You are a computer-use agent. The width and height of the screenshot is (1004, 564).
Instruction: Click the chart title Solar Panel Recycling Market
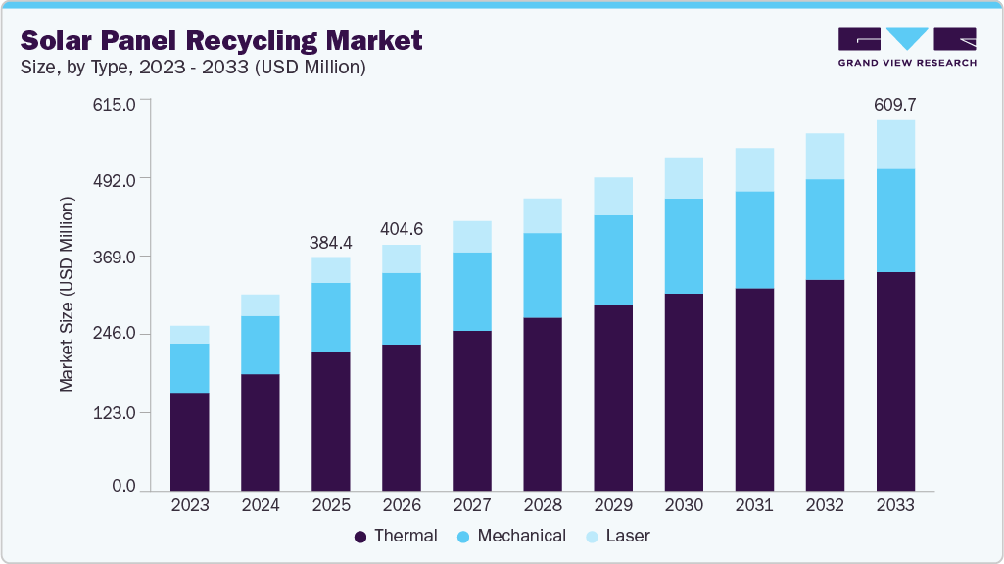click(x=221, y=40)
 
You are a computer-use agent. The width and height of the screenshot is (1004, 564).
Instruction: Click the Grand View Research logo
click(x=907, y=47)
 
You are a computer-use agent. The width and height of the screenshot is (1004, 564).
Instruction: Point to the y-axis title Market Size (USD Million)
click(x=67, y=295)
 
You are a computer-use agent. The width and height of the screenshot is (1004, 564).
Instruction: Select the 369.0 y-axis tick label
click(x=115, y=257)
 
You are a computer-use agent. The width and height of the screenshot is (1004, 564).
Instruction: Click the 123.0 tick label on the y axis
click(x=115, y=412)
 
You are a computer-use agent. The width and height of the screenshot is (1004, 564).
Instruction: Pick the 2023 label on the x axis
click(x=189, y=505)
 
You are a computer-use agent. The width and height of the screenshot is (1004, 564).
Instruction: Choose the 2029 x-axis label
click(x=613, y=505)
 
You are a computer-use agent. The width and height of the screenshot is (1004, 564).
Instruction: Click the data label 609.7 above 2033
click(x=895, y=104)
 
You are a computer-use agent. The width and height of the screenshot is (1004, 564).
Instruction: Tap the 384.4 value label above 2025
click(x=331, y=241)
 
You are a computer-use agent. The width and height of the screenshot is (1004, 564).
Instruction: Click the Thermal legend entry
click(x=395, y=536)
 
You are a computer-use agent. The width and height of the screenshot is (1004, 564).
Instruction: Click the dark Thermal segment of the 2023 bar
click(x=189, y=441)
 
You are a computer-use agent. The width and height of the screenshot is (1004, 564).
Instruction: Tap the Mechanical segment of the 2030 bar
click(x=684, y=246)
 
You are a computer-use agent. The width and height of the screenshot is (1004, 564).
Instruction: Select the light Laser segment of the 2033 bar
click(x=895, y=145)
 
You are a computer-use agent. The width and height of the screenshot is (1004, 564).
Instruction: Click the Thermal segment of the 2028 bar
click(x=543, y=403)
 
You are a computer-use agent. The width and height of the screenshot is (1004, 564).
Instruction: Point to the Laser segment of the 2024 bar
click(x=261, y=305)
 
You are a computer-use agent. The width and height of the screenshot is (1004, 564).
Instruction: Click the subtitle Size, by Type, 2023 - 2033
click(x=193, y=68)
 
